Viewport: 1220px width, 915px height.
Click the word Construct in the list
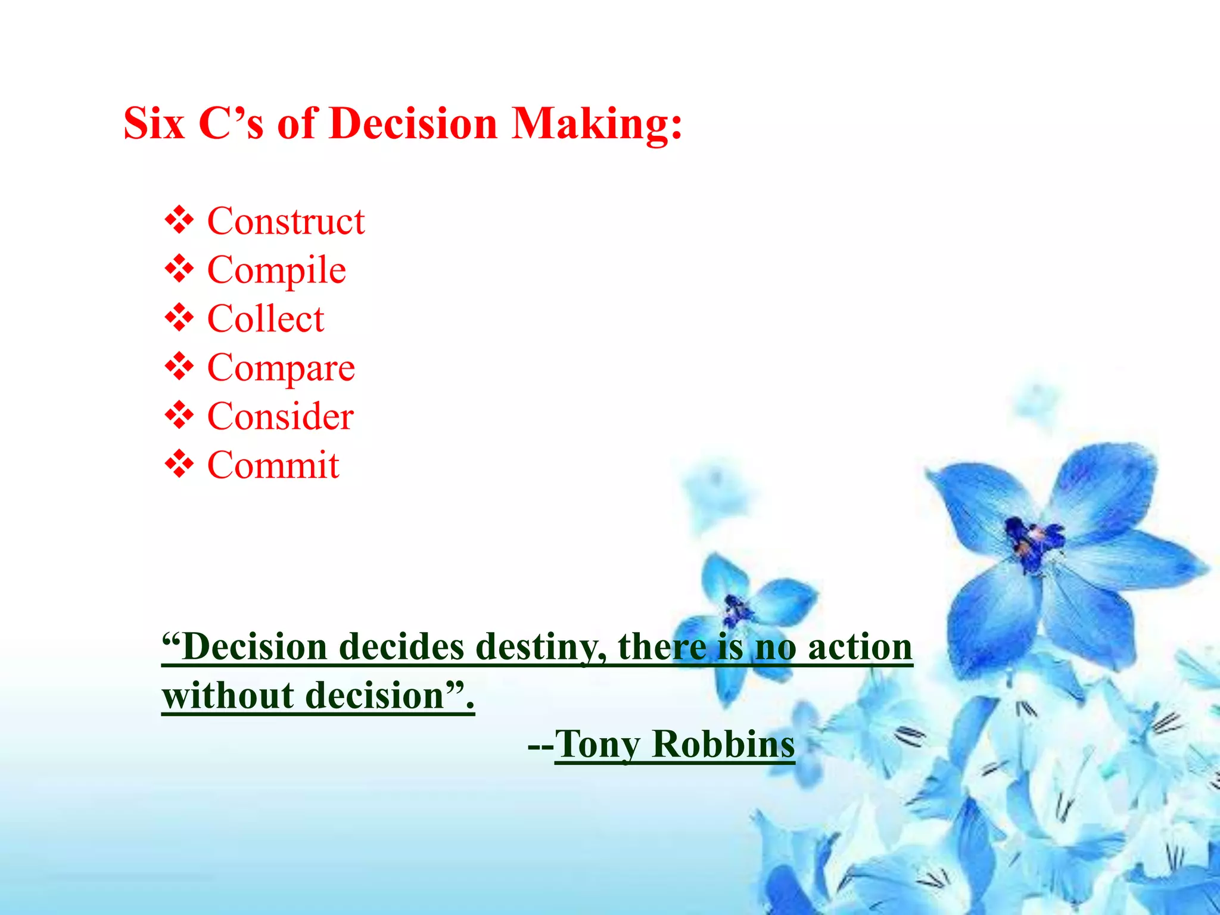pos(285,222)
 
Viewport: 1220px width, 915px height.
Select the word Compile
pos(276,270)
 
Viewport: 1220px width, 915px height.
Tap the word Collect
pos(266,319)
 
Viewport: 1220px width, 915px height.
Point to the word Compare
pos(281,368)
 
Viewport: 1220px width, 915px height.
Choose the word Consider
pos(280,416)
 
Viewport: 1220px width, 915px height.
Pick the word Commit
pos(273,465)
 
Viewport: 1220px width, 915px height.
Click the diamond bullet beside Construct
pos(179,220)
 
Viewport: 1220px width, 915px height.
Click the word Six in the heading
pos(154,124)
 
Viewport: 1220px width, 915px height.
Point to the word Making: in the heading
pos(596,124)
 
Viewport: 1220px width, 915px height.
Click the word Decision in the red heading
pos(413,124)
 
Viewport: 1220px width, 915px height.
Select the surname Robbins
pos(723,745)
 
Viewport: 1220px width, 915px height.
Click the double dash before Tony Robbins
pos(540,746)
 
